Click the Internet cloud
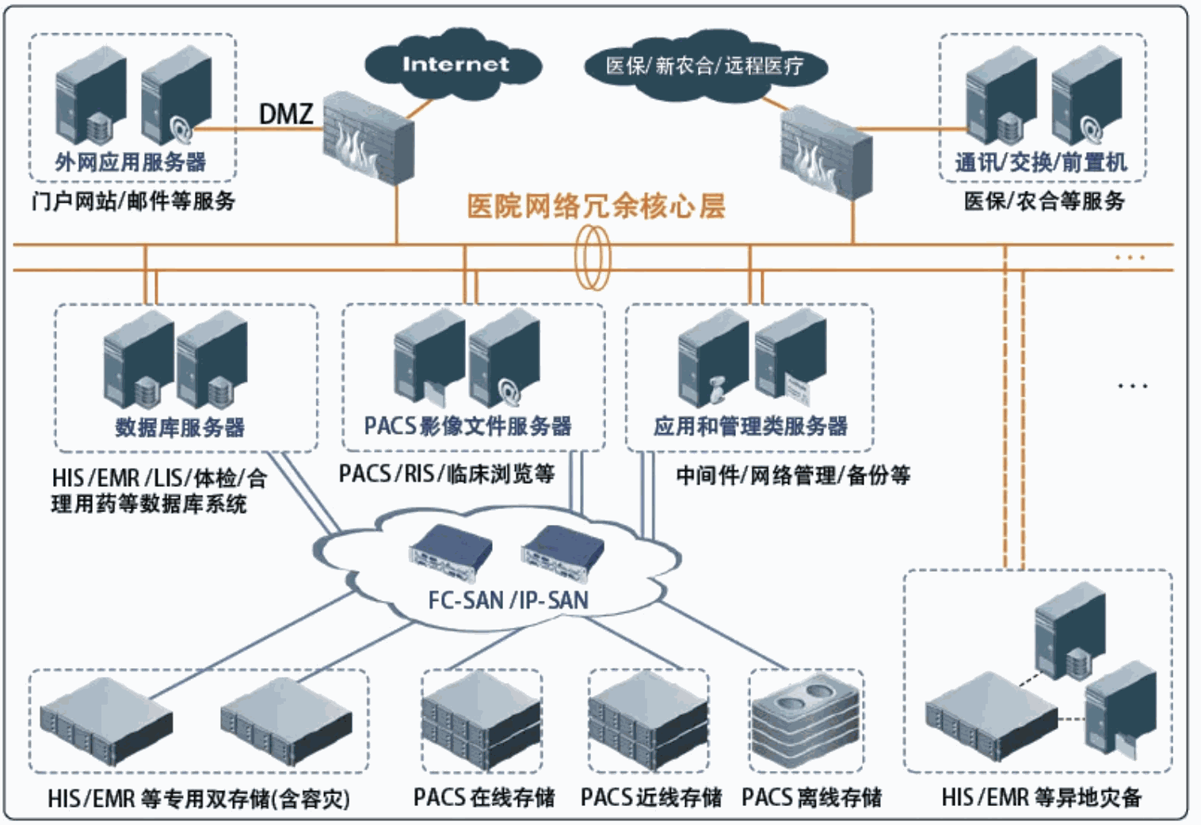point(454,64)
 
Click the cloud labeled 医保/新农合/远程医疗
point(704,66)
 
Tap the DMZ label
point(286,115)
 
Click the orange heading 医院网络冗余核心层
point(596,207)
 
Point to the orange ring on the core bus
point(593,257)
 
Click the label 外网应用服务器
point(131,162)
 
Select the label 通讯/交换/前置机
point(1040,162)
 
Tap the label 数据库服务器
point(180,428)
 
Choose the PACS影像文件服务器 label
point(467,426)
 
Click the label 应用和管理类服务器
point(749,426)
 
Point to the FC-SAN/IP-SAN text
point(508,600)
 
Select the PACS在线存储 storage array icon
point(482,720)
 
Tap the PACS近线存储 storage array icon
point(649,720)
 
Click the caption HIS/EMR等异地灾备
point(1041,797)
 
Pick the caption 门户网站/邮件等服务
point(133,201)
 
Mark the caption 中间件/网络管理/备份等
point(793,475)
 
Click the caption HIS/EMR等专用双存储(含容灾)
point(198,798)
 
